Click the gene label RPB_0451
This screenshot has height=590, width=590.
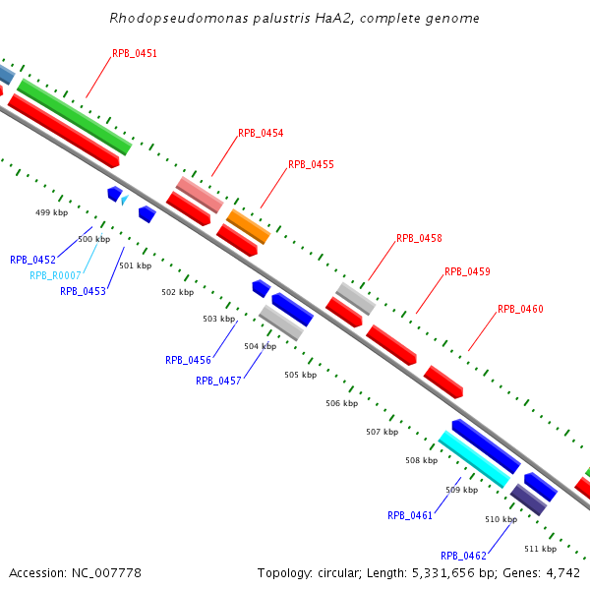tap(135, 54)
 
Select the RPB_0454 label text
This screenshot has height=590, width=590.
tap(261, 133)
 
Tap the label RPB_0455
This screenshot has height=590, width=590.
tap(311, 165)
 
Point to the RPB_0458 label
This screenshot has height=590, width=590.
tap(419, 238)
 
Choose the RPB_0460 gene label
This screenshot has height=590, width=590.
tap(520, 309)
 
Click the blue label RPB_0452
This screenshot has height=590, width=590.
tap(32, 260)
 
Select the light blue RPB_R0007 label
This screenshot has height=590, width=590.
tap(55, 275)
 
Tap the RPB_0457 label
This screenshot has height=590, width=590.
tap(218, 381)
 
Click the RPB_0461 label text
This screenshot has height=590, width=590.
tap(410, 515)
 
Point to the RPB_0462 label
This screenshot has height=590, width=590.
tap(463, 556)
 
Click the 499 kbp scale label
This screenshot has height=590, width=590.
tap(51, 212)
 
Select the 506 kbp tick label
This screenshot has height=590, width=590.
tap(341, 403)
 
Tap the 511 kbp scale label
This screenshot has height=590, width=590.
tap(540, 549)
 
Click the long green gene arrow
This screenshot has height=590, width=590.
tap(74, 116)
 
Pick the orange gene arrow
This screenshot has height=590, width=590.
tap(248, 226)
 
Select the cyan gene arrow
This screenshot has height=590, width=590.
tap(474, 459)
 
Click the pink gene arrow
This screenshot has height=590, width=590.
tap(200, 195)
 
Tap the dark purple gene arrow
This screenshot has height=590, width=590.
tap(528, 500)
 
